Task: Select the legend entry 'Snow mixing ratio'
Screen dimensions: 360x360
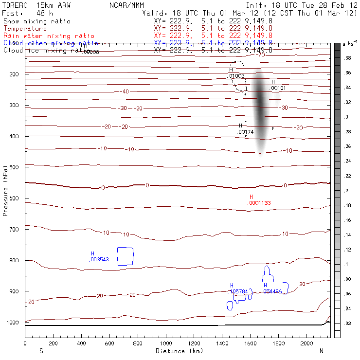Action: tap(36, 21)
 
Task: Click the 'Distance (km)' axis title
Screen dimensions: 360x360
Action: tap(176, 351)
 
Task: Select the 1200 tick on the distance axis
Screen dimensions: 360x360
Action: tap(194, 343)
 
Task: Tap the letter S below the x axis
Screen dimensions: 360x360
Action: tap(41, 351)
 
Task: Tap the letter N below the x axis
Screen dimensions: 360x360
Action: tap(321, 351)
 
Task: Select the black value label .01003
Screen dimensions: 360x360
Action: tap(236, 76)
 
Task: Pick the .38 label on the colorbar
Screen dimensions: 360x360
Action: tap(348, 58)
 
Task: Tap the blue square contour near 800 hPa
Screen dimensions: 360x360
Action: tap(125, 256)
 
